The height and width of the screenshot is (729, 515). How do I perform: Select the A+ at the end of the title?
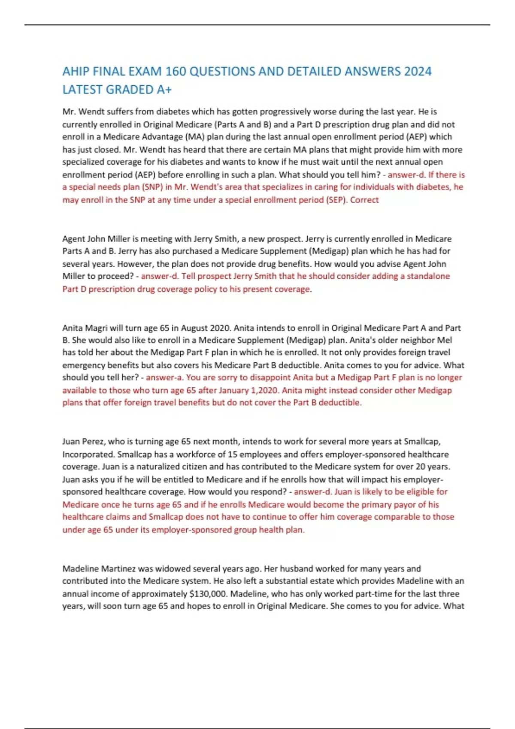pos(164,90)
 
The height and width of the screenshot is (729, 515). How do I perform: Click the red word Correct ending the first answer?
pos(364,200)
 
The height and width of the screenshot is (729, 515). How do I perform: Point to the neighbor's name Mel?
pos(444,340)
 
